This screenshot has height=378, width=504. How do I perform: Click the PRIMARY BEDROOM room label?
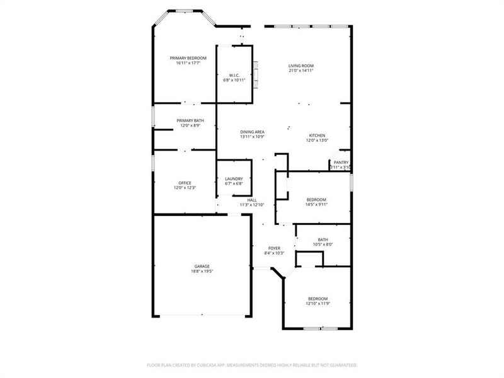click(x=188, y=58)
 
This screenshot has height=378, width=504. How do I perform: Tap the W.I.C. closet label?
click(x=234, y=75)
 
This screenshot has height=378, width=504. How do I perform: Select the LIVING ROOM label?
click(x=301, y=66)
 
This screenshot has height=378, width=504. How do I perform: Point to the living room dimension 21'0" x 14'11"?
click(x=301, y=71)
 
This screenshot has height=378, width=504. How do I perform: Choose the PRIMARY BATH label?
click(x=190, y=120)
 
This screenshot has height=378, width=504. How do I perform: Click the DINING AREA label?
click(x=252, y=132)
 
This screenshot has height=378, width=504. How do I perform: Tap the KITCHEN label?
click(x=316, y=135)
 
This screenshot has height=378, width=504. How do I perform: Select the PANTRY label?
click(x=341, y=162)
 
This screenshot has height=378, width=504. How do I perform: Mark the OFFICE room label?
click(x=185, y=183)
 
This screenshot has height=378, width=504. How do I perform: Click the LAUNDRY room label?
click(x=234, y=179)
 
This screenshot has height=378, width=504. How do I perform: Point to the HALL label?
click(x=251, y=200)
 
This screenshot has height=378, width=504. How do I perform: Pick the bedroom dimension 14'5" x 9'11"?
click(x=316, y=204)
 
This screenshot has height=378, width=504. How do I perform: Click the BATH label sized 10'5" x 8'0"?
click(x=323, y=239)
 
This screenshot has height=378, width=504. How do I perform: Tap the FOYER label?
click(x=274, y=248)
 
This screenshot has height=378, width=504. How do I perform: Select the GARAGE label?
click(x=202, y=266)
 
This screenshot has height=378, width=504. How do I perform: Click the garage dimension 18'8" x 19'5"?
click(x=202, y=271)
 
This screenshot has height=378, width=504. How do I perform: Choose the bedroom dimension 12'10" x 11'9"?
click(x=318, y=304)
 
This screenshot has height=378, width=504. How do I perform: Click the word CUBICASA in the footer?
click(x=219, y=365)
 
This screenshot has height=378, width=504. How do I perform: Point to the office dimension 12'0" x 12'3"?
click(x=185, y=188)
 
